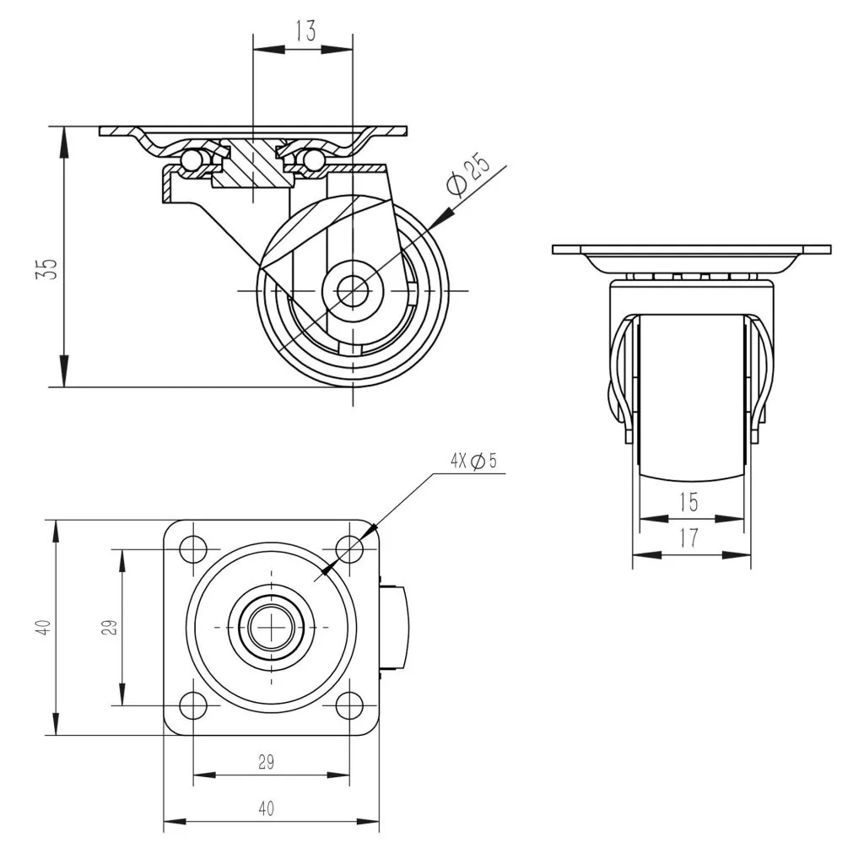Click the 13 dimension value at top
click(x=305, y=31)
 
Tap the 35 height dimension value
click(x=47, y=269)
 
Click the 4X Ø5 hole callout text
click(x=473, y=461)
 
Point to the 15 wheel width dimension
click(x=688, y=502)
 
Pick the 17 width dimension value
click(x=688, y=537)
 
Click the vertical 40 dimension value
click(x=44, y=627)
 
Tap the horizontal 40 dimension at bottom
click(x=266, y=809)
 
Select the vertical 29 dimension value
click(x=110, y=627)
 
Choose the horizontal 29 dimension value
click(x=266, y=762)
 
